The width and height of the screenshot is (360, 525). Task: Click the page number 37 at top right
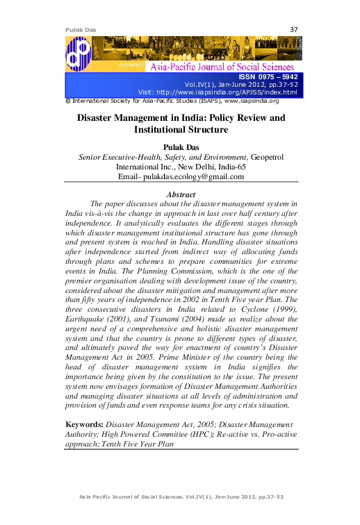pos(293,29)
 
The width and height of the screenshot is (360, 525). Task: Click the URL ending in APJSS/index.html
pos(236,92)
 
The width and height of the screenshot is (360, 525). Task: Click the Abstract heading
pos(180,194)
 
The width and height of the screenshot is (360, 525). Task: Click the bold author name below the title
pos(180,147)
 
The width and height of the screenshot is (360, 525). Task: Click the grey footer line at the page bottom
pos(180,498)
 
